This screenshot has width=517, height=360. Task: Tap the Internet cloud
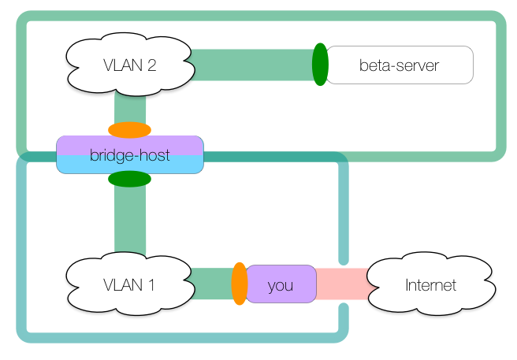pyautogui.click(x=430, y=284)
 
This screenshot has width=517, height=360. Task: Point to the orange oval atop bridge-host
pyautogui.click(x=129, y=130)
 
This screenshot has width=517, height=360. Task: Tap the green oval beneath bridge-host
pyautogui.click(x=129, y=179)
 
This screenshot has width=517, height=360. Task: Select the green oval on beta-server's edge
pyautogui.click(x=320, y=65)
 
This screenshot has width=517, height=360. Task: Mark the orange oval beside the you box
pyautogui.click(x=240, y=284)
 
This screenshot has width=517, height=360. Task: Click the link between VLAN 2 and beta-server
pyautogui.click(x=252, y=65)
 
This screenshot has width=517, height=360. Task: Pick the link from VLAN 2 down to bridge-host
pyautogui.click(x=129, y=106)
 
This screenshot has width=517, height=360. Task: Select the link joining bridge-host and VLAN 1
pyautogui.click(x=129, y=221)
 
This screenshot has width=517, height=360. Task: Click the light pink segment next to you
pyautogui.click(x=329, y=284)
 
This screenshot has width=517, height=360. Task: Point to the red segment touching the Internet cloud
pyautogui.click(x=356, y=284)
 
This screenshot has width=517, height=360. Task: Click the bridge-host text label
pyautogui.click(x=129, y=155)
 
